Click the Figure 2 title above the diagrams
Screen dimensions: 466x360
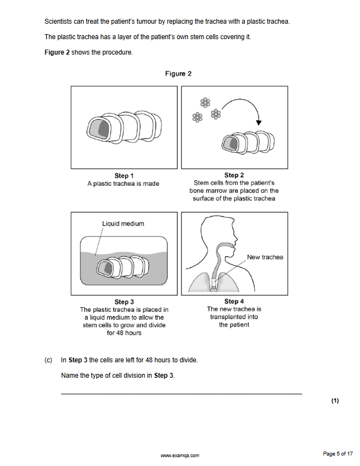[x=178, y=74]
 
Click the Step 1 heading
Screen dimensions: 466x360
[x=124, y=176]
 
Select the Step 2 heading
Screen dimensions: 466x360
[x=234, y=175]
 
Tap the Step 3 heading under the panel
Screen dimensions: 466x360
[x=124, y=302]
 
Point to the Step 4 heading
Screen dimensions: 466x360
[x=234, y=302]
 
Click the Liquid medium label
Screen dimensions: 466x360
[x=123, y=223]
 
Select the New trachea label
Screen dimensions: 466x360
[x=265, y=257]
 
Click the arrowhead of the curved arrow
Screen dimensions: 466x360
[x=259, y=122]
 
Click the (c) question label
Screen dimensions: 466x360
[x=48, y=360]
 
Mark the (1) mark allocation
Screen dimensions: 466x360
[x=335, y=401]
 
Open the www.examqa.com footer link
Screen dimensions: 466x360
[x=180, y=456]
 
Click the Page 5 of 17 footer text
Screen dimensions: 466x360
[x=337, y=454]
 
